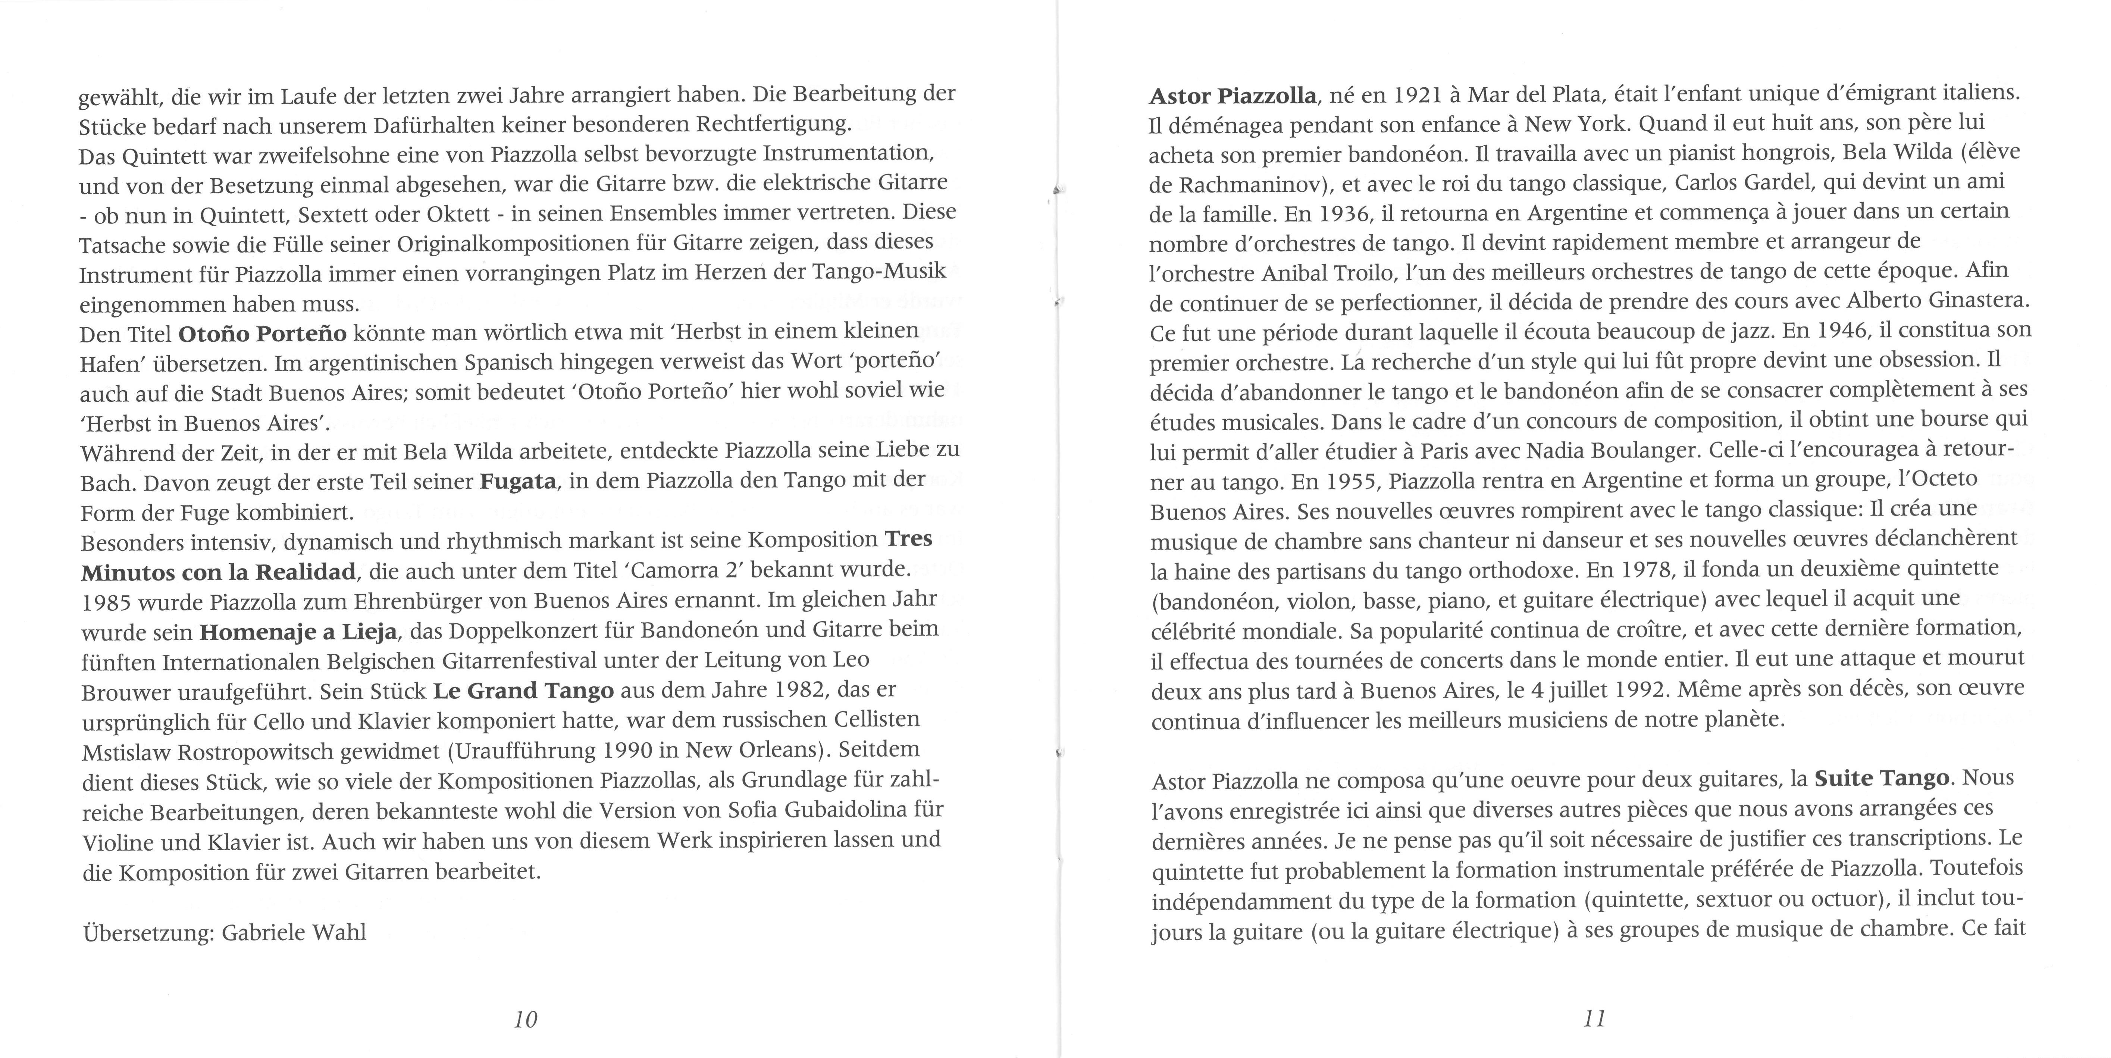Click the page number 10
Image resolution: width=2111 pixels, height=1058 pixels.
tap(525, 1020)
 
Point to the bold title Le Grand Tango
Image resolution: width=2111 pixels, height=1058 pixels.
tap(523, 691)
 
